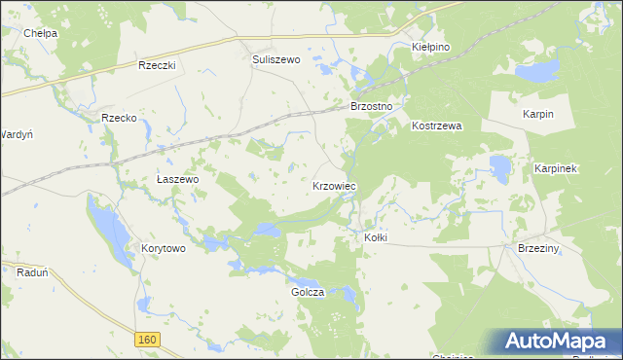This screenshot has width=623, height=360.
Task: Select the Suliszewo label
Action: point(276,59)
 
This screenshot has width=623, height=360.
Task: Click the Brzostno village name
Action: point(371,105)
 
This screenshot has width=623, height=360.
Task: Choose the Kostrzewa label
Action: point(436,126)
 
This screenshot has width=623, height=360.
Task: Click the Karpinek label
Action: point(557,168)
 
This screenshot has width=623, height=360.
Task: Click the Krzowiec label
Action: point(334,185)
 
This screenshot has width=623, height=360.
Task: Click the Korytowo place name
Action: point(163,248)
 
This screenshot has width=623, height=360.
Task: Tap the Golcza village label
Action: point(307,292)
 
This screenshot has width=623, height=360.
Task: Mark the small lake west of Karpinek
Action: point(501,167)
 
